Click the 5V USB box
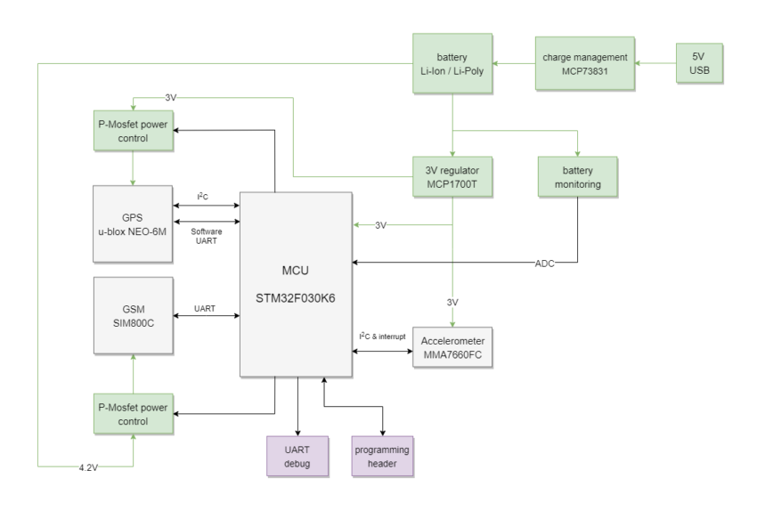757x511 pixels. click(699, 63)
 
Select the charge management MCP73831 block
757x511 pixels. click(585, 63)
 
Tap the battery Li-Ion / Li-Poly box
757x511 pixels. click(452, 63)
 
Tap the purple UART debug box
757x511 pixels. click(298, 457)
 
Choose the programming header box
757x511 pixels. click(383, 457)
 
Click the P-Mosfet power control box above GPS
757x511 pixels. click(131, 131)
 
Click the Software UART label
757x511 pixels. click(205, 235)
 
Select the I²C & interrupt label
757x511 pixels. click(380, 336)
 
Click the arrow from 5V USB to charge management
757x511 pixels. click(655, 63)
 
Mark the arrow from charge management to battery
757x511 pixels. click(514, 63)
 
